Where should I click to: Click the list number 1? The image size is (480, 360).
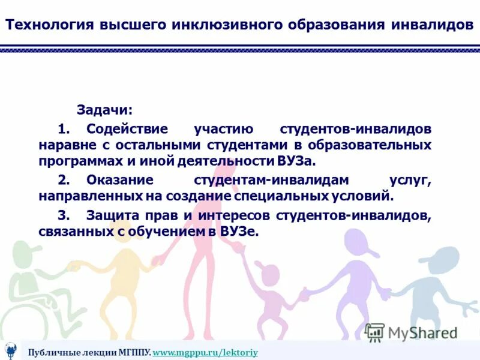coord(65,129)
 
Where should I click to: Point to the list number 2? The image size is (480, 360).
coord(65,179)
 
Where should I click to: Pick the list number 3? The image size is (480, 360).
coord(65,215)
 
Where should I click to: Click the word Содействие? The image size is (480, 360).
coord(127,129)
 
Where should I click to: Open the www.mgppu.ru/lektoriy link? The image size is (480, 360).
coord(205,352)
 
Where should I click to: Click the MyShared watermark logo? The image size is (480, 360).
coord(412,332)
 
